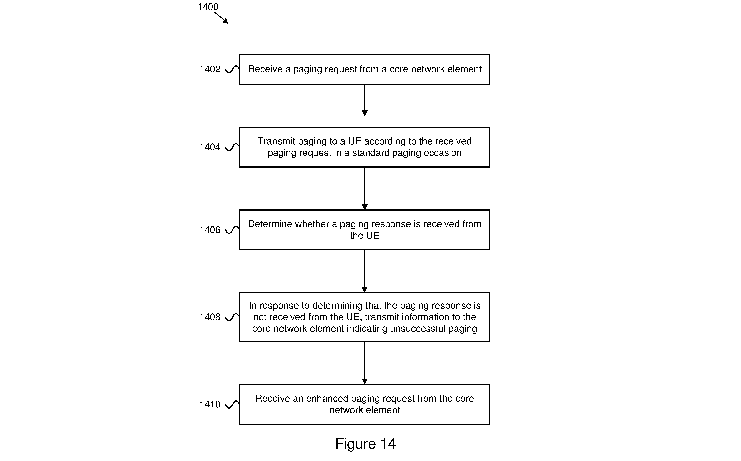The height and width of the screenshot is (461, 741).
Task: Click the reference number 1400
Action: (208, 7)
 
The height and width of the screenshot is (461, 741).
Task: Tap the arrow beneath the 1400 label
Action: (221, 18)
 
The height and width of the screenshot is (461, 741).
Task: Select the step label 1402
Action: (210, 69)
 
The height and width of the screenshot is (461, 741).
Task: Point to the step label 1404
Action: (210, 147)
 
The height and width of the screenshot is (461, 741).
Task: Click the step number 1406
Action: (210, 230)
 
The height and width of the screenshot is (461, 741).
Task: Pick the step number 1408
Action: (210, 317)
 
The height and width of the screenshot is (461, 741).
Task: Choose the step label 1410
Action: (210, 404)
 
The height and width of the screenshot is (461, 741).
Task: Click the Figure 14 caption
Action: (365, 444)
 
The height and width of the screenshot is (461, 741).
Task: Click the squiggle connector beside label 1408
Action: (232, 317)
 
